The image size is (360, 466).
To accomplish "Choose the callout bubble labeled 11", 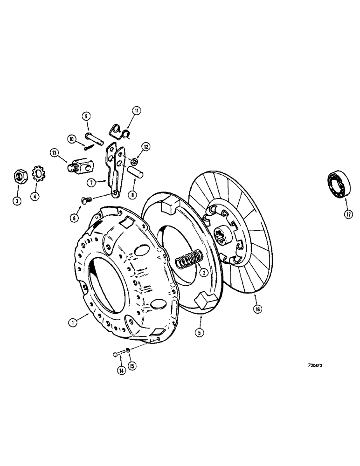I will tap(136, 111).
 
